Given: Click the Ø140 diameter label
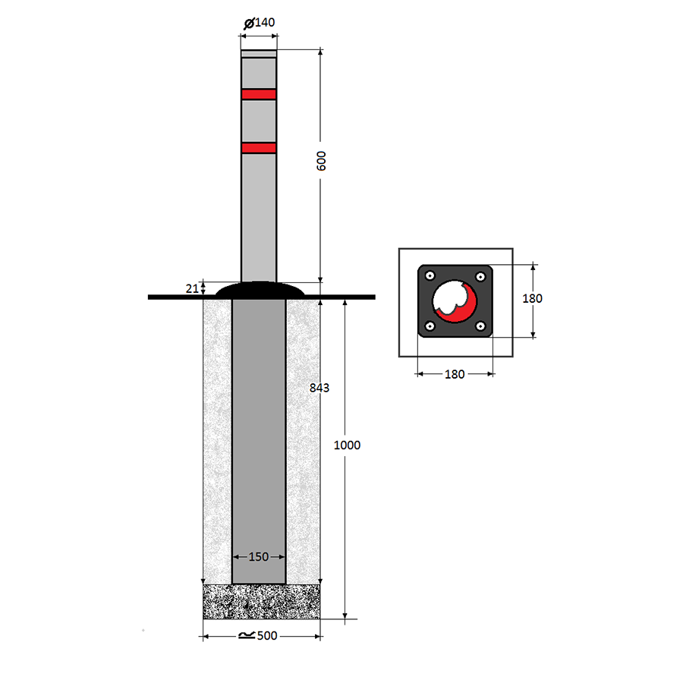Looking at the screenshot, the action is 260,23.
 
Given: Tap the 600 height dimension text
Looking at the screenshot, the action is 321,161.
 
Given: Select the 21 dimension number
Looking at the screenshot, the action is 192,288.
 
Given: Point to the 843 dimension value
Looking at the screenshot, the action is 319,388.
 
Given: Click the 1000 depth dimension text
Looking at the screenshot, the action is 347,445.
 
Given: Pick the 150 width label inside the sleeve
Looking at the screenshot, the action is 258,557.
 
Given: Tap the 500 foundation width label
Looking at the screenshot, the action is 267,636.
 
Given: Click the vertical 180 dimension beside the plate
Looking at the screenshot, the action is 532,298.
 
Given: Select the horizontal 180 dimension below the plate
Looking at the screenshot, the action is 455,374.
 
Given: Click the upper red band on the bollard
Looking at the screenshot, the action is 259,95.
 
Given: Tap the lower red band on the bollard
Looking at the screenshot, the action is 259,148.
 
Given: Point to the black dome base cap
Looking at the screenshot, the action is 260,290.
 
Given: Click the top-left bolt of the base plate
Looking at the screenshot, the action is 430,275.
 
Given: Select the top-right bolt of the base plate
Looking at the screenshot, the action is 480,276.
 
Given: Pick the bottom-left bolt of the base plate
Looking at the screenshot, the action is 430,326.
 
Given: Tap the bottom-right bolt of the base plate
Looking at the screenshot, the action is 480,326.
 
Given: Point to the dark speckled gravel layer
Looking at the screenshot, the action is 261,602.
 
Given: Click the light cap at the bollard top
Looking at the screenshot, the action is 259,54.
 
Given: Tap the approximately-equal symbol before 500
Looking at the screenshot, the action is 247,636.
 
